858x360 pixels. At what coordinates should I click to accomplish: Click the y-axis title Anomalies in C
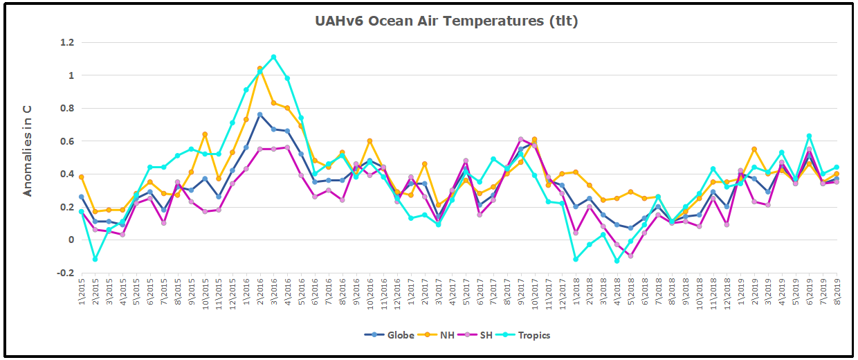coord(28,156)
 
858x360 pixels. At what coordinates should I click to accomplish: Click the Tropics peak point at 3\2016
coord(274,57)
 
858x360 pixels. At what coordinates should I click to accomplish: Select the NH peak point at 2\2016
coord(260,69)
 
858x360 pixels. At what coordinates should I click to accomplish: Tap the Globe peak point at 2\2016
coord(260,114)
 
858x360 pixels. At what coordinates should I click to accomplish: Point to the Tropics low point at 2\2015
coord(95,259)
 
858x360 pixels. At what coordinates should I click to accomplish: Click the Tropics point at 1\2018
coord(576,259)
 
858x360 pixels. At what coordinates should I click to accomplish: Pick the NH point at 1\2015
coord(82,177)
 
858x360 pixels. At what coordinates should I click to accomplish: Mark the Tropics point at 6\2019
coord(809,136)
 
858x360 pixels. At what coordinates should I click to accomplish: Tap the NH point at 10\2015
coord(205,134)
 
